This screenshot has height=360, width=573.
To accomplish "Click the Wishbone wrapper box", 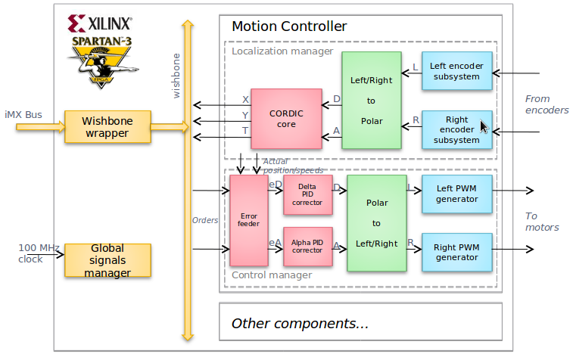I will click(106, 127).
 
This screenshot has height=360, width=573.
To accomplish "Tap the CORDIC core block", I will click(286, 119).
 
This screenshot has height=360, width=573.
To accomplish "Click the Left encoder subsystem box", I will click(456, 71).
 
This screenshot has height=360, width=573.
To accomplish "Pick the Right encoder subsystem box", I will click(456, 129).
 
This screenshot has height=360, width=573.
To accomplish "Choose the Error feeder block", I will click(248, 220).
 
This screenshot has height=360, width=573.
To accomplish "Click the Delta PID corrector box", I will click(307, 194).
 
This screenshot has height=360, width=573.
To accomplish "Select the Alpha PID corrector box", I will click(307, 246).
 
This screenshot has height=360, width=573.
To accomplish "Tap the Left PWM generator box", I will click(456, 194).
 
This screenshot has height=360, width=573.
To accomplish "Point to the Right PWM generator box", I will click(456, 251).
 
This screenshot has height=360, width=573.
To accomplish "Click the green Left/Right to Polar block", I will click(371, 100).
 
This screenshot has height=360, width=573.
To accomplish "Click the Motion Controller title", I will click(289, 26).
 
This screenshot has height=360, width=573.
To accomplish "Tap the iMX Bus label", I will click(23, 115).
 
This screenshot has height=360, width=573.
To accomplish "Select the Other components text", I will click(300, 324).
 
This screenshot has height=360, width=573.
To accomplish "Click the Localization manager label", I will click(282, 51).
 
